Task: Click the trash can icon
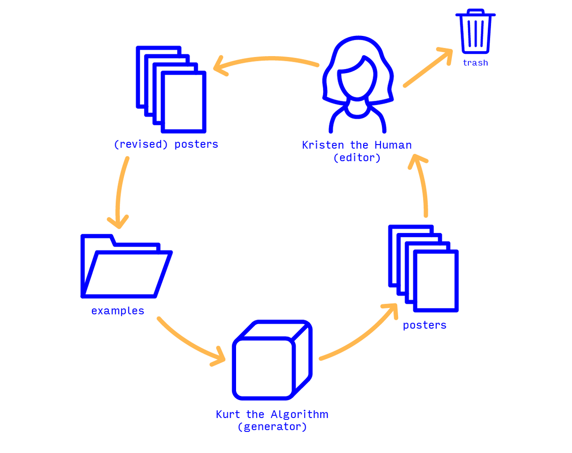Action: pos(475,31)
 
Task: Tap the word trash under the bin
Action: pos(475,63)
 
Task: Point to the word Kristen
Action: pos(323,145)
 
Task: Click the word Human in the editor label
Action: pos(393,145)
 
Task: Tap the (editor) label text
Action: pos(357,158)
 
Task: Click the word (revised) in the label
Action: pos(141,145)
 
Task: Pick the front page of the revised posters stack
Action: pos(184,102)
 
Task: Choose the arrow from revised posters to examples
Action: pos(119,192)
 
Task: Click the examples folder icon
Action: pos(127,266)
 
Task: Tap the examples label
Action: pos(118,311)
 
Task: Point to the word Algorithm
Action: pos(300,414)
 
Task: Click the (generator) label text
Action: pos(272,427)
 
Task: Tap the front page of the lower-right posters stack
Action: pos(436,281)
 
